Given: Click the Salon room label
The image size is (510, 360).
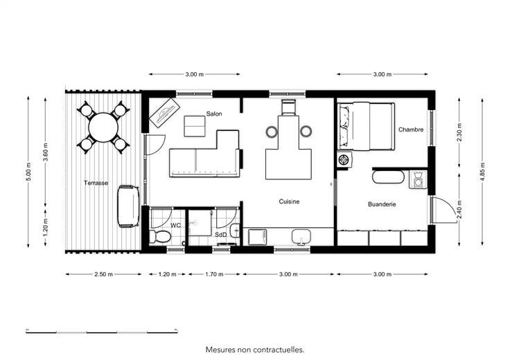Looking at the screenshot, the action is click(x=214, y=114).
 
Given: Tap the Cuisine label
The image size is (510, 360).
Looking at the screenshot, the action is click(x=289, y=201).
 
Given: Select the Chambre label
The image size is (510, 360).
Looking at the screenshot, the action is click(x=411, y=129).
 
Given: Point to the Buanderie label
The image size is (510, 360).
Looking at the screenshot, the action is click(x=382, y=204).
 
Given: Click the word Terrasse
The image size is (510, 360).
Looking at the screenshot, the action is click(x=96, y=183).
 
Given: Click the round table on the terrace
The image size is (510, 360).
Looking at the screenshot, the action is click(x=103, y=127).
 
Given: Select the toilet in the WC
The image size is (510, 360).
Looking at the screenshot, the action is click(x=159, y=236).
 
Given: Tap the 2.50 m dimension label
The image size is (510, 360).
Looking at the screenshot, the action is click(x=103, y=274).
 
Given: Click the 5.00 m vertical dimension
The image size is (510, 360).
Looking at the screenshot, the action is click(x=28, y=172).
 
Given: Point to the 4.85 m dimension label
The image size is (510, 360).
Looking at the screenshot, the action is click(x=483, y=172).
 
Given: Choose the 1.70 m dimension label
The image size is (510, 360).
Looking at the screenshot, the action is click(x=214, y=274).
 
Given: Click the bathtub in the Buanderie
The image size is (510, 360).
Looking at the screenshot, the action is click(x=388, y=177).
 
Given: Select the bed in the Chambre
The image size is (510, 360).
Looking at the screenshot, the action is click(x=367, y=127).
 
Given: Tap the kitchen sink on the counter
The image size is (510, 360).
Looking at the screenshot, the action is click(x=301, y=237).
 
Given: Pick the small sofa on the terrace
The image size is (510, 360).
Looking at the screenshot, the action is click(x=128, y=206).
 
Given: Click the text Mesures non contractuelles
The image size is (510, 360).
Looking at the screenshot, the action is click(x=255, y=350).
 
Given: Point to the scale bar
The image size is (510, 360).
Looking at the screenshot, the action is click(x=102, y=332).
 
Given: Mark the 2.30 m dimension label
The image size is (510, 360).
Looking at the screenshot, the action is click(x=459, y=132).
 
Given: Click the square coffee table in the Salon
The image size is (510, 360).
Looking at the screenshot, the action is click(x=195, y=127).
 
